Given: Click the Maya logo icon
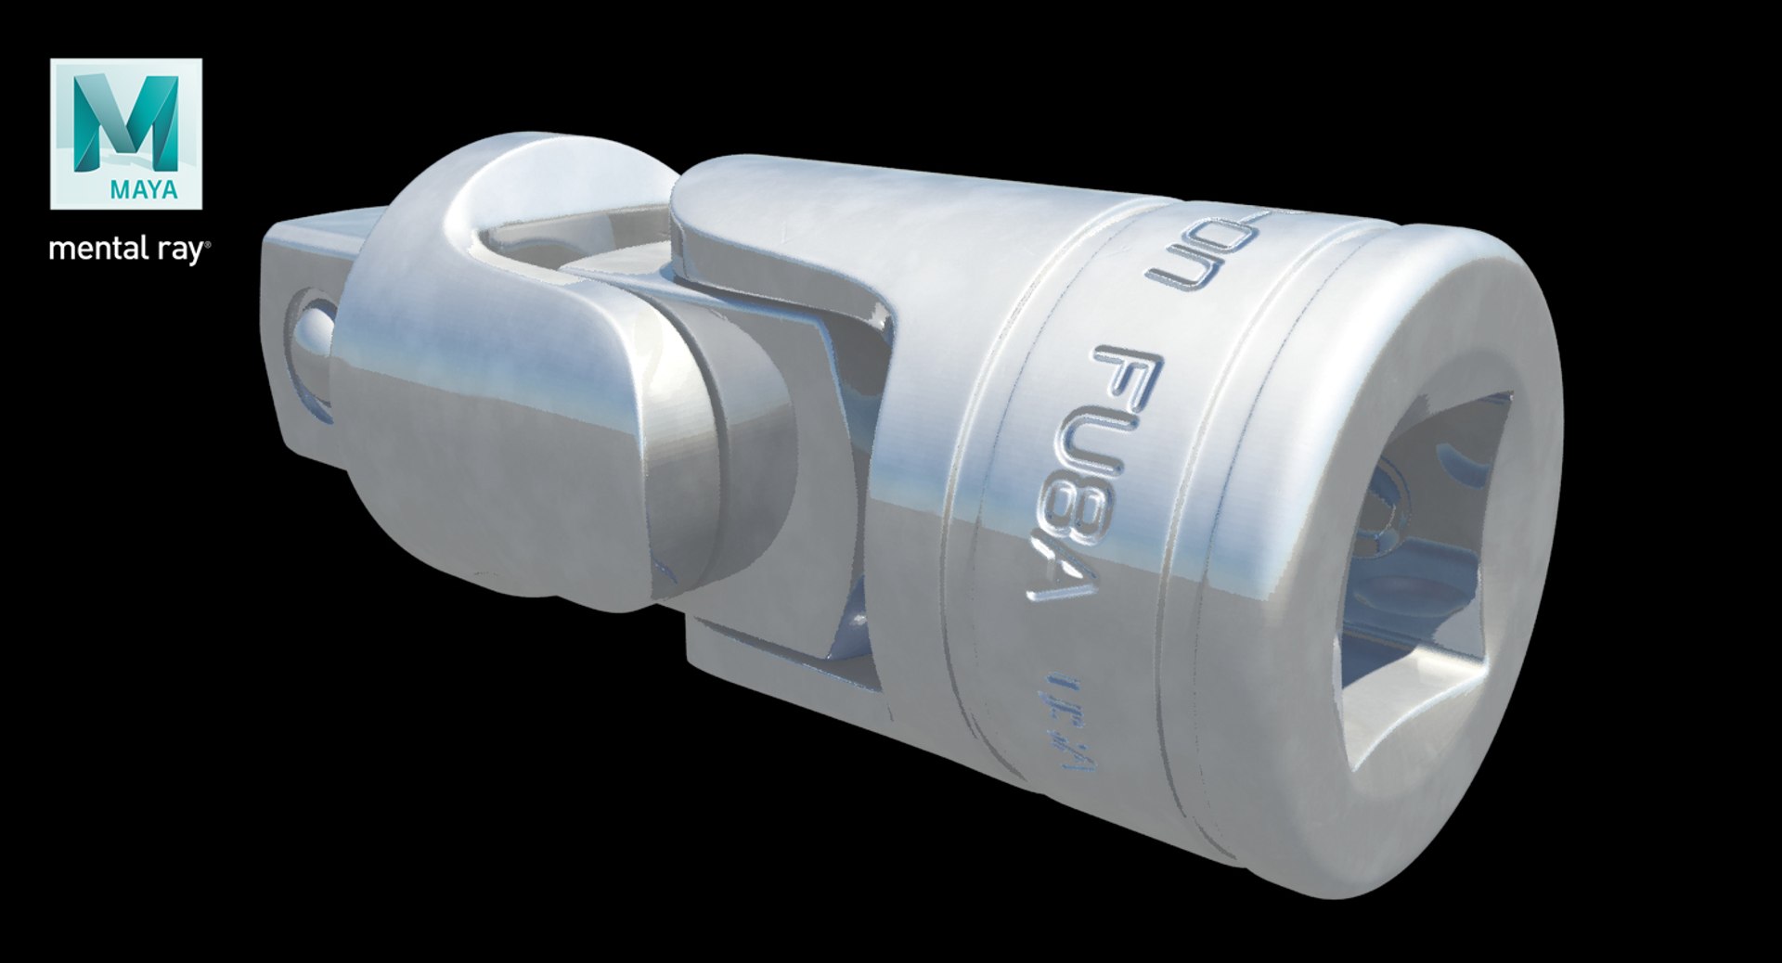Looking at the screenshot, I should tap(126, 134).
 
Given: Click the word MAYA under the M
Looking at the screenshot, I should tap(144, 190).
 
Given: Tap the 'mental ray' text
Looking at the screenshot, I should tap(129, 250).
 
